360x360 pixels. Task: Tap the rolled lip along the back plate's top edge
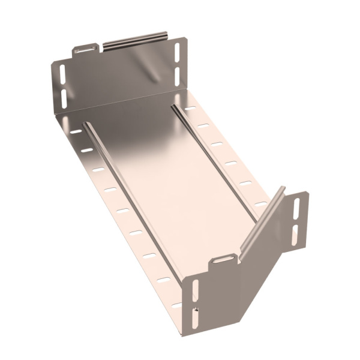pos(135,40)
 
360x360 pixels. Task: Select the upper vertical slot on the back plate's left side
pos(62,74)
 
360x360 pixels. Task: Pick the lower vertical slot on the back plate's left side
pos(64,98)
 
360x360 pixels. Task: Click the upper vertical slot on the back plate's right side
pos(177,50)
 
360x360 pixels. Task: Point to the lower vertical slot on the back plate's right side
pos(177,74)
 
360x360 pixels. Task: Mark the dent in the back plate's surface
pos(155,74)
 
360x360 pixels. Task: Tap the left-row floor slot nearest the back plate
pos(76,130)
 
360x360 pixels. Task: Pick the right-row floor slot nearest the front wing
pos(260,204)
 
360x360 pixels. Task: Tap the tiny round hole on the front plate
pos(196,310)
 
